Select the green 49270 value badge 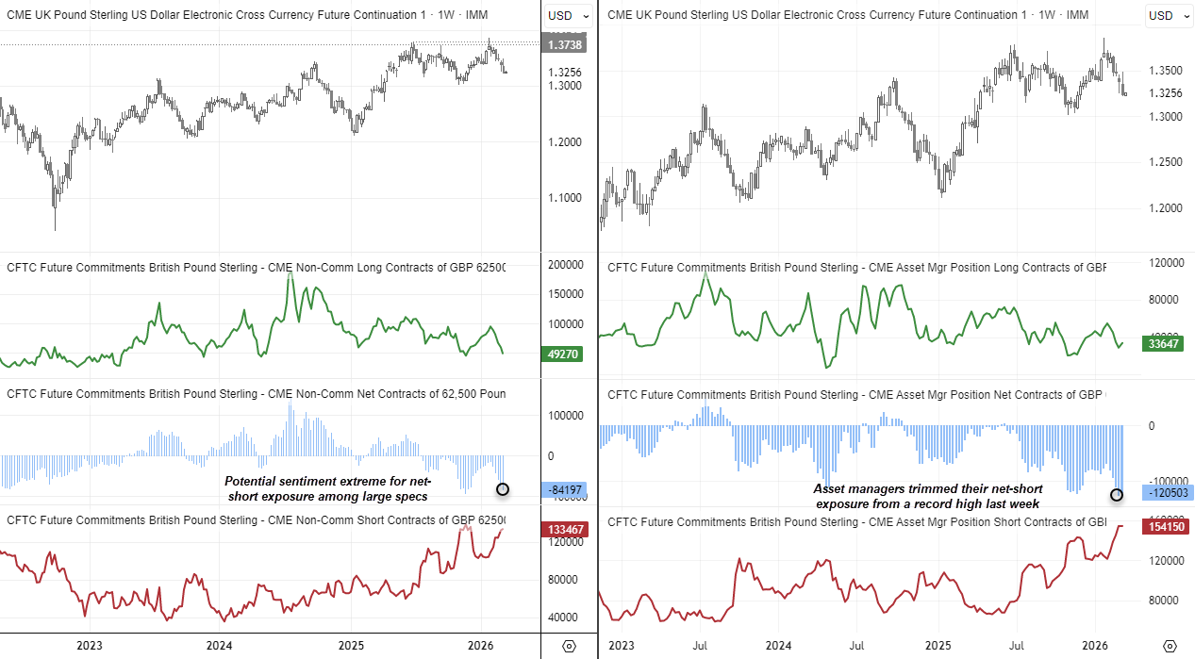point(565,354)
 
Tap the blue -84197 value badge point(565,489)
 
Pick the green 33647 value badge point(1167,344)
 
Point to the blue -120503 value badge point(1167,492)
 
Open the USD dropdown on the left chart point(570,15)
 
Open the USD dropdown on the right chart point(1168,15)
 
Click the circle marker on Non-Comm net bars point(502,488)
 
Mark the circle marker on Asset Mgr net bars point(1117,494)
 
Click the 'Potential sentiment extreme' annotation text point(325,488)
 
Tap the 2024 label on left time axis point(219,646)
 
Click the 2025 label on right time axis point(938,646)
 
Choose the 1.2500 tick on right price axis point(1166,162)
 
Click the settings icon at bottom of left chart point(569,646)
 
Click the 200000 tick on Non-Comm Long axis point(569,265)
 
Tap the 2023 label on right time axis point(622,646)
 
